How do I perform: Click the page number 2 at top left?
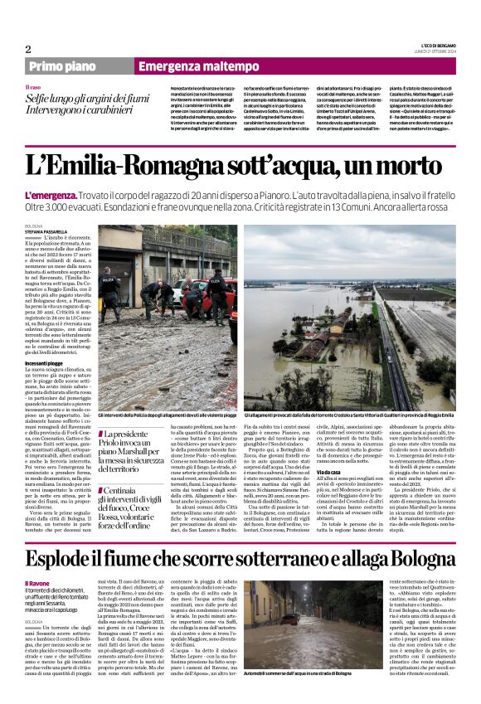[x=28, y=49]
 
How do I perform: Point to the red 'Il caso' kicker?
[x=33, y=86]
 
